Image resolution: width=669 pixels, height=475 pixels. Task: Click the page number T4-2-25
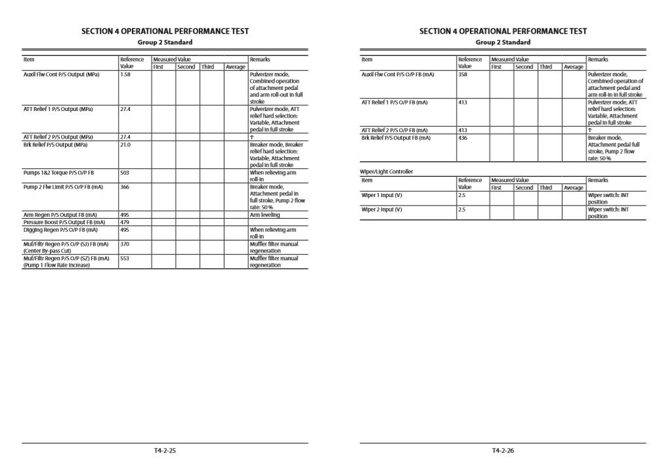(165, 451)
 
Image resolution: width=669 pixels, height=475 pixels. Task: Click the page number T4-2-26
(502, 451)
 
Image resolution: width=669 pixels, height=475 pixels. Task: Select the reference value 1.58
(125, 75)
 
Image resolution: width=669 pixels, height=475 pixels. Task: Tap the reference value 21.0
(125, 145)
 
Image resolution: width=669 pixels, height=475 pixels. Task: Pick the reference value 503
(125, 173)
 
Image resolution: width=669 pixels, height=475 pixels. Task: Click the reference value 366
(125, 187)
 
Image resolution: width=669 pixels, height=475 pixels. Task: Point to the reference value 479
(125, 222)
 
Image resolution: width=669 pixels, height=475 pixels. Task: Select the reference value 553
(125, 258)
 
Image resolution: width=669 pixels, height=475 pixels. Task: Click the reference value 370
(125, 244)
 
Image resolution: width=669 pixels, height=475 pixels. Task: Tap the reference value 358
(463, 75)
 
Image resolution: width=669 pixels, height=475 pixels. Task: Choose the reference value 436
(463, 138)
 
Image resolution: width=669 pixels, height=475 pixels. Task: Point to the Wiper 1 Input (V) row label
(382, 195)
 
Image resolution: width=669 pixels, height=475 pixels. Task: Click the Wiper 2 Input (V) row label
(382, 210)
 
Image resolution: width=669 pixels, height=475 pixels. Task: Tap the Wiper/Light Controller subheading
(387, 171)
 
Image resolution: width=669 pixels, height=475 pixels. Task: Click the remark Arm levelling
(265, 215)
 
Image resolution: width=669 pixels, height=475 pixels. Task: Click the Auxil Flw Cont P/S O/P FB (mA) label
(398, 75)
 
